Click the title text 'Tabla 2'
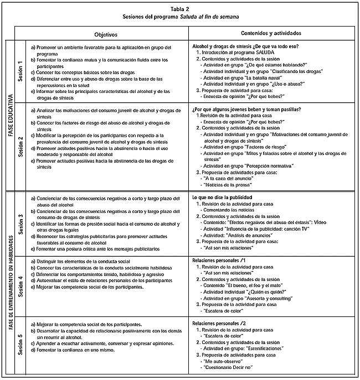[x=180, y=9]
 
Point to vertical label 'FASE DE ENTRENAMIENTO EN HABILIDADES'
[x=10, y=282]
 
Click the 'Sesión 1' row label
[x=20, y=71]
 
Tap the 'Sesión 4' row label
[x=20, y=285]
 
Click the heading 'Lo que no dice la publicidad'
[x=222, y=197]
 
